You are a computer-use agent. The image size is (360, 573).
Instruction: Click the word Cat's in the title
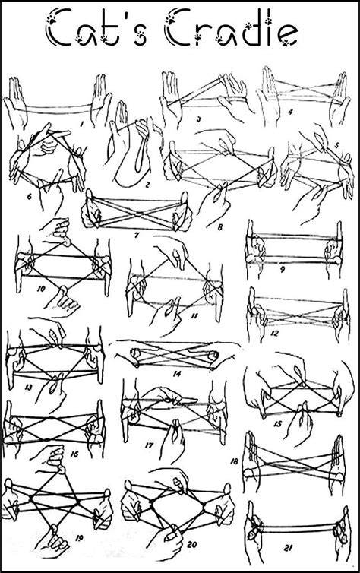tap(97, 29)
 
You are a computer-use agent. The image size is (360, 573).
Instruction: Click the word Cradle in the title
tap(232, 29)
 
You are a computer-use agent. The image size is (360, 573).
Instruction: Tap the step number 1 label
tap(81, 124)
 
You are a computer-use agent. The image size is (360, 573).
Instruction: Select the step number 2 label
tap(147, 185)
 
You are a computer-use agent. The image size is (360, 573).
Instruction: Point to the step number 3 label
tap(198, 119)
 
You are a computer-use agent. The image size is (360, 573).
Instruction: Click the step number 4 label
tap(290, 112)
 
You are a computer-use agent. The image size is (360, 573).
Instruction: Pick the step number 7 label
tap(137, 236)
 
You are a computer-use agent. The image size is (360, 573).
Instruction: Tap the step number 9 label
tap(283, 270)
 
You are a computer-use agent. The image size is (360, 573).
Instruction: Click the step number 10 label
tap(41, 289)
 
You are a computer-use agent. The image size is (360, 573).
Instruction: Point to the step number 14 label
tap(177, 374)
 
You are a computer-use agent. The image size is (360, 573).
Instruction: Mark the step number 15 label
tap(277, 424)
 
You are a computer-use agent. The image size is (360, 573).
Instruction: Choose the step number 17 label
tap(149, 445)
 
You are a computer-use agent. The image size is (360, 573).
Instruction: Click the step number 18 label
tap(234, 461)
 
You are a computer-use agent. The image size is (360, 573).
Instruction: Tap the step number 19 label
tap(79, 537)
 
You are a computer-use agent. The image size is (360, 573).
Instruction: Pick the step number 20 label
tap(192, 545)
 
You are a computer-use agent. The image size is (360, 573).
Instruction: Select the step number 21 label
tap(288, 548)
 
